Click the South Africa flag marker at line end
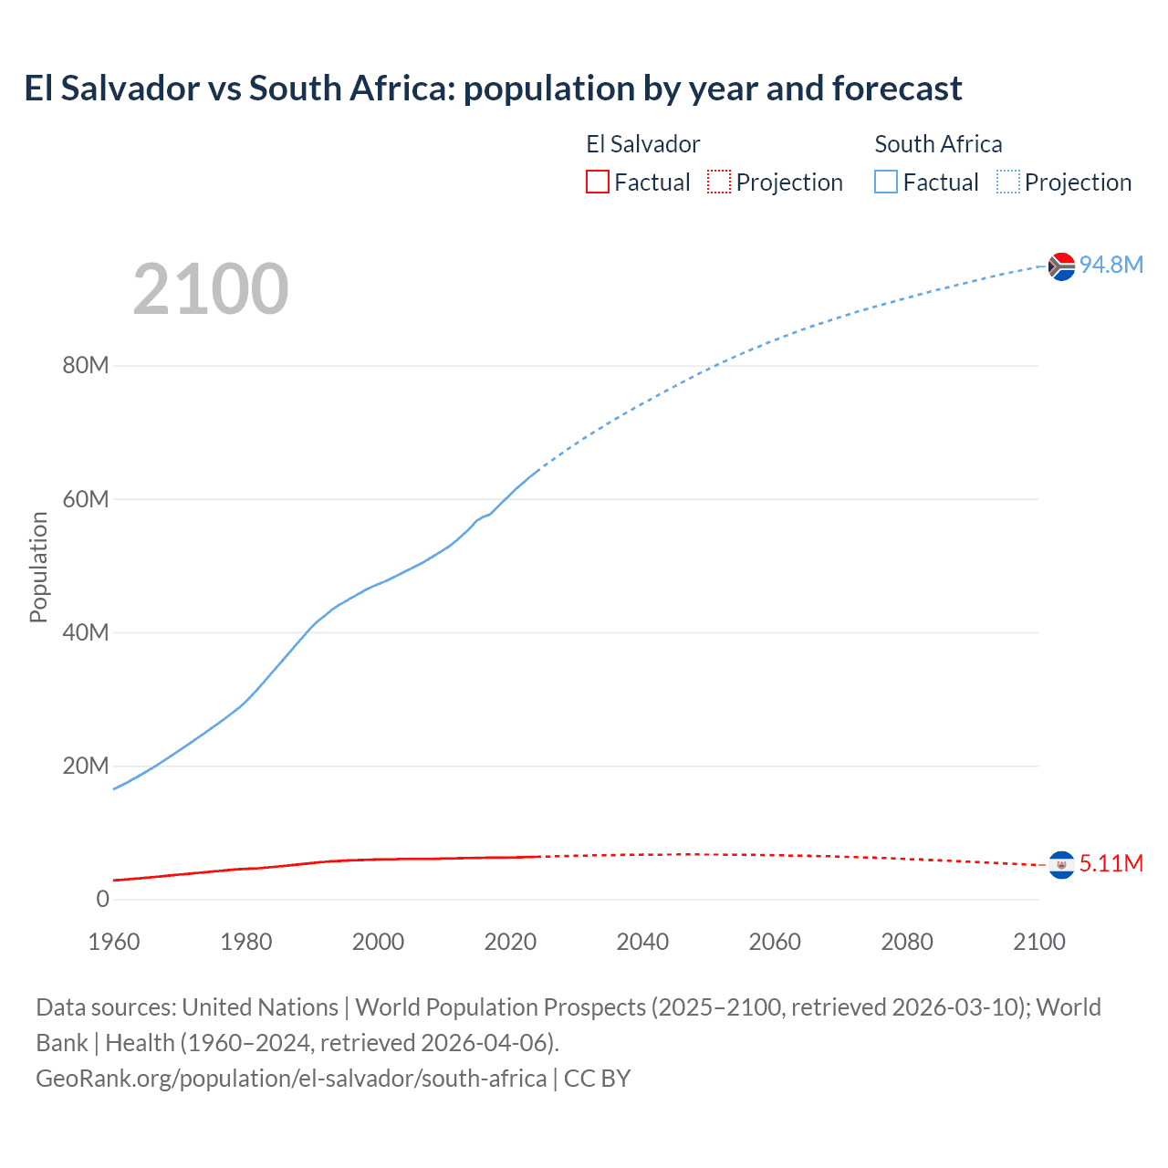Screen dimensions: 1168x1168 click(x=1061, y=266)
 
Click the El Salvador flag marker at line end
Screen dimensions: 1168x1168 click(x=1061, y=864)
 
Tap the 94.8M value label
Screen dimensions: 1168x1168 click(x=1111, y=265)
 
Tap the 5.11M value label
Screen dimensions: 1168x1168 click(x=1111, y=863)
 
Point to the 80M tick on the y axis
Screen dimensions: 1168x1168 click(x=86, y=366)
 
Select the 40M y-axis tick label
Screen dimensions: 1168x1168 click(x=86, y=632)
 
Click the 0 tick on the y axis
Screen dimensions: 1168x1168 click(x=102, y=899)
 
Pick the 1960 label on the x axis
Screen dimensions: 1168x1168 click(x=114, y=942)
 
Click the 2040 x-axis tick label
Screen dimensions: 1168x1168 click(x=642, y=942)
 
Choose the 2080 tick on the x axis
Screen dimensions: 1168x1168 click(x=907, y=942)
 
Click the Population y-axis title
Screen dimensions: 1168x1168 click(x=38, y=568)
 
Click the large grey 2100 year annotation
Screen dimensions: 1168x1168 click(x=211, y=289)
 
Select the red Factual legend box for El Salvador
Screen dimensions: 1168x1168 click(x=597, y=182)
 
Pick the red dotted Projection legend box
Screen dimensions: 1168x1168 click(x=719, y=182)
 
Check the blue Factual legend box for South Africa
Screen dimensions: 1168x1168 click(x=886, y=182)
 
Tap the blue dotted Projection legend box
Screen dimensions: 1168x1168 click(x=1008, y=182)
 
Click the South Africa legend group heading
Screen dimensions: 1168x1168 click(x=938, y=144)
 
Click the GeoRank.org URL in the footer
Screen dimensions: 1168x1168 click(x=291, y=1079)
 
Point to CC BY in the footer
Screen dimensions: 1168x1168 click(x=597, y=1079)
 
